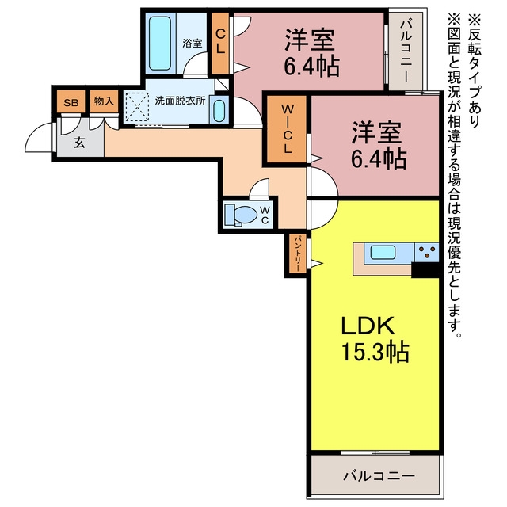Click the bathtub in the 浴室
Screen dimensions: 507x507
tap(160, 44)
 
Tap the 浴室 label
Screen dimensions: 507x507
tap(193, 43)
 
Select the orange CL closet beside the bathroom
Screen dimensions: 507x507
tap(220, 43)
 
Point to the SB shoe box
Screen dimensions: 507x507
tap(71, 101)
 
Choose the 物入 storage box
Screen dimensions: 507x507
tap(104, 101)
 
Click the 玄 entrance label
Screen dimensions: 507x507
tap(79, 143)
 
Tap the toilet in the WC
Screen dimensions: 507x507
tap(241, 214)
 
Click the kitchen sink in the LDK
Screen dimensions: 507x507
tap(383, 252)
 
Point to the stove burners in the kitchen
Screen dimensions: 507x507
tap(427, 252)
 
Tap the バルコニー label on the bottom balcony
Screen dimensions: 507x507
tap(379, 476)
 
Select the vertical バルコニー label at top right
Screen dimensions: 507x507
tap(406, 51)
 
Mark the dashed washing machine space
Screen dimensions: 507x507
tap(137, 107)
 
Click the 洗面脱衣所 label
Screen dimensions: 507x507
tap(180, 101)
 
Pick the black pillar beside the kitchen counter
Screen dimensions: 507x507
tap(425, 269)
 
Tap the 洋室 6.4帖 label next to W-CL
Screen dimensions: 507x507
tap(379, 145)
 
